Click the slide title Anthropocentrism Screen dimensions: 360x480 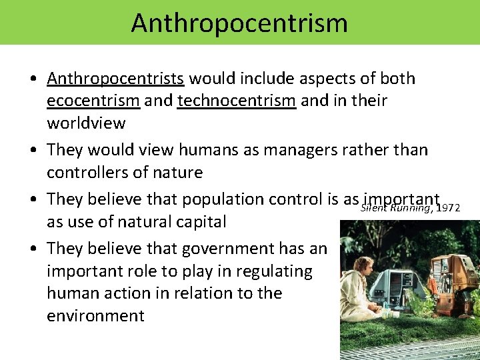point(239,22)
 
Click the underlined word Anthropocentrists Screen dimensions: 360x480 point(115,79)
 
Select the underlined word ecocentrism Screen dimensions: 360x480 point(93,101)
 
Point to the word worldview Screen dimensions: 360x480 point(86,124)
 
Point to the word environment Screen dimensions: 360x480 point(95,315)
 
